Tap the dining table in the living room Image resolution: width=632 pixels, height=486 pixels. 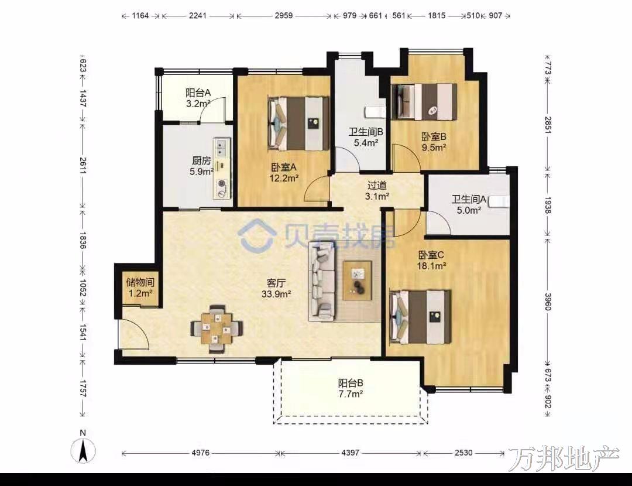217,328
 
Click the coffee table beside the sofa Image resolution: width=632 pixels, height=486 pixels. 357,280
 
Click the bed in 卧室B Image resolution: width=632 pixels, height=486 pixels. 425,102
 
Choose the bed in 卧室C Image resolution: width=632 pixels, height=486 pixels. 420,317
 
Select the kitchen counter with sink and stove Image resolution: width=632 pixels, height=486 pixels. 222,169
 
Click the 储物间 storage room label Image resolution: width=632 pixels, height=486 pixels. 140,282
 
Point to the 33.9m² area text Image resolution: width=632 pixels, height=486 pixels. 276,294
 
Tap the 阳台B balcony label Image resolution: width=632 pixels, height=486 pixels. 351,383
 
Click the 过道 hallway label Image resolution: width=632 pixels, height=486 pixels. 377,185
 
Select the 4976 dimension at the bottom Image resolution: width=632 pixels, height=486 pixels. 200,453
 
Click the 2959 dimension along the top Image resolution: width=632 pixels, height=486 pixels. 284,16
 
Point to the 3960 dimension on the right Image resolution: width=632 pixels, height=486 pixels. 548,302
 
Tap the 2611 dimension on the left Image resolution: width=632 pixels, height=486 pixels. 83,165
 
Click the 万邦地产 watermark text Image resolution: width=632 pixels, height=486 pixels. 564,458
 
